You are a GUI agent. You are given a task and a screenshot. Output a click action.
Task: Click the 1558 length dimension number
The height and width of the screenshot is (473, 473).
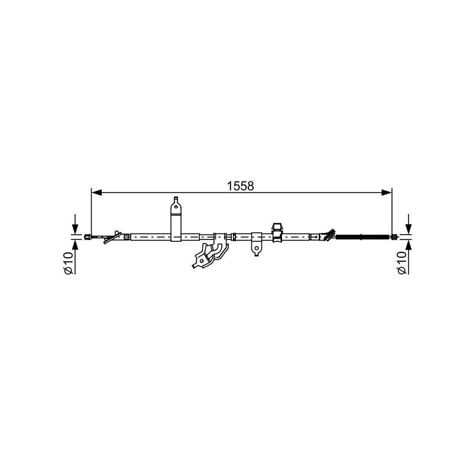[x=241, y=186]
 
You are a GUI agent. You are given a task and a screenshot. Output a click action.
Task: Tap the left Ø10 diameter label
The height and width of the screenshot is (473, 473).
[x=68, y=263]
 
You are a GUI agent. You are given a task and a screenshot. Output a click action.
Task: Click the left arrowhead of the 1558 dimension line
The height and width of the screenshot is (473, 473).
[x=96, y=193]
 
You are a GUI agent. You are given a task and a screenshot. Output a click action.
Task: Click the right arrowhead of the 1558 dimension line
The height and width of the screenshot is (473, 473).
[x=387, y=193]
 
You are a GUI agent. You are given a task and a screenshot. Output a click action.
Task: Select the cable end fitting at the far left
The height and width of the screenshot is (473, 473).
[x=87, y=237]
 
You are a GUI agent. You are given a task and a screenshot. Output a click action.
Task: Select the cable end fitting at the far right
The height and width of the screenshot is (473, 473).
[x=394, y=237]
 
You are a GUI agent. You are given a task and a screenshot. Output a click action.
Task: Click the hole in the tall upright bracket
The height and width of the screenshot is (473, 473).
[x=176, y=207]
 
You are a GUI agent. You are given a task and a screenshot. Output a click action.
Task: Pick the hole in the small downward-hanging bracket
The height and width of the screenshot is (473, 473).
[x=257, y=248]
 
